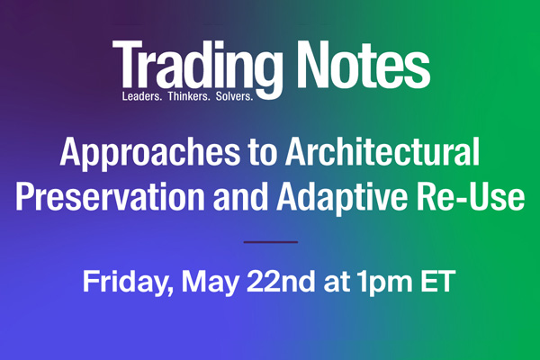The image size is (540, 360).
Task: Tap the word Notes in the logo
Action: pyautogui.click(x=364, y=65)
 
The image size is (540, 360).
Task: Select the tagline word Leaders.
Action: pyautogui.click(x=142, y=96)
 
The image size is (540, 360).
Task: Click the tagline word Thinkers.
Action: pyautogui.click(x=189, y=96)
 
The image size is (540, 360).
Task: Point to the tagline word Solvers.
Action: pyautogui.click(x=235, y=96)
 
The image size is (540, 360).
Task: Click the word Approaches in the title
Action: pyautogui.click(x=150, y=154)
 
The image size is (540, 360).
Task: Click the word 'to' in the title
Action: pyautogui.click(x=263, y=153)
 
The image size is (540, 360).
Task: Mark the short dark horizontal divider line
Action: pyautogui.click(x=271, y=242)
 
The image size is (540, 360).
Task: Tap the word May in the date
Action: pyautogui.click(x=210, y=283)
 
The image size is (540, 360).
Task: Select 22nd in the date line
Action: pyautogui.click(x=281, y=281)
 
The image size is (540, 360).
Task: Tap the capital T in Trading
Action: pyautogui.click(x=128, y=65)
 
